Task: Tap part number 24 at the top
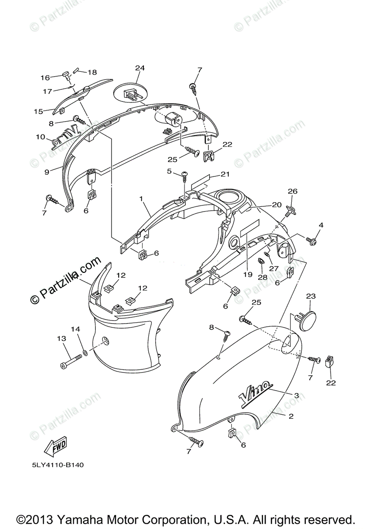tap(139, 68)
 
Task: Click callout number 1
tap(141, 199)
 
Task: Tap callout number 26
tap(293, 191)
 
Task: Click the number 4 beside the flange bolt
tap(321, 225)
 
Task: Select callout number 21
tap(225, 174)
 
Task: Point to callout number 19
tap(247, 274)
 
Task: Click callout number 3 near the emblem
tap(297, 395)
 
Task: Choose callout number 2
tap(291, 416)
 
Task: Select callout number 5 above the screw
tap(169, 171)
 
